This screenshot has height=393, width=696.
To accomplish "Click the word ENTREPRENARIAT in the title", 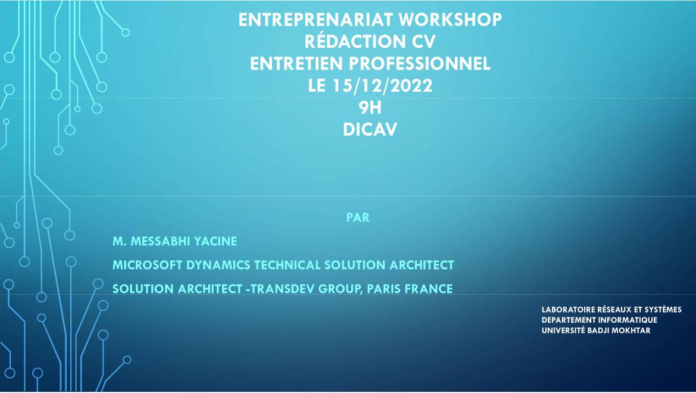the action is tap(316, 20).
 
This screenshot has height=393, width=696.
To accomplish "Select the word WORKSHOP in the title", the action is tap(450, 20).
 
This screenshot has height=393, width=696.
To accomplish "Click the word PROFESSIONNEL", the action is tap(420, 64).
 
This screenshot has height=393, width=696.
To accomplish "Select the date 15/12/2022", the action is tap(382, 85).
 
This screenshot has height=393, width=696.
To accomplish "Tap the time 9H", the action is tap(370, 107).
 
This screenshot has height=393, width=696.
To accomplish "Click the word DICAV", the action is tap(370, 129).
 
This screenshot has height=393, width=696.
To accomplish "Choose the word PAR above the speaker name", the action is tap(358, 217).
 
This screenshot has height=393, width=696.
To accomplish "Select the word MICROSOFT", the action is tap(147, 265).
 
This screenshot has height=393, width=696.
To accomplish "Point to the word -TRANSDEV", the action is tap(280, 289).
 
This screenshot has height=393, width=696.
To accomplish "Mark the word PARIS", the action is tap(384, 289).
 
